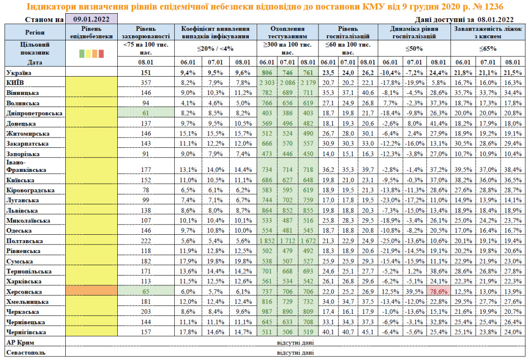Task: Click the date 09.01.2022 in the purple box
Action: [91, 19]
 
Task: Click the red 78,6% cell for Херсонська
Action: [438, 291]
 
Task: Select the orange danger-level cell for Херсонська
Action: [91, 291]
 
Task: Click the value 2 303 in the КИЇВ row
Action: [268, 82]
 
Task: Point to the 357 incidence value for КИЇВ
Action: [147, 82]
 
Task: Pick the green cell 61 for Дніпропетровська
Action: [147, 112]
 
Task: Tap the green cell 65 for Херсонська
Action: [147, 291]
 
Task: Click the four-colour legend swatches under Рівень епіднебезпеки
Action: [91, 54]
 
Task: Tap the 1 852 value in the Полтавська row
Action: [268, 241]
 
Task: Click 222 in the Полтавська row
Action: [147, 241]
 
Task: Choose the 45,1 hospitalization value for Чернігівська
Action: [367, 332]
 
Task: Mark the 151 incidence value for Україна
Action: [147, 72]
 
